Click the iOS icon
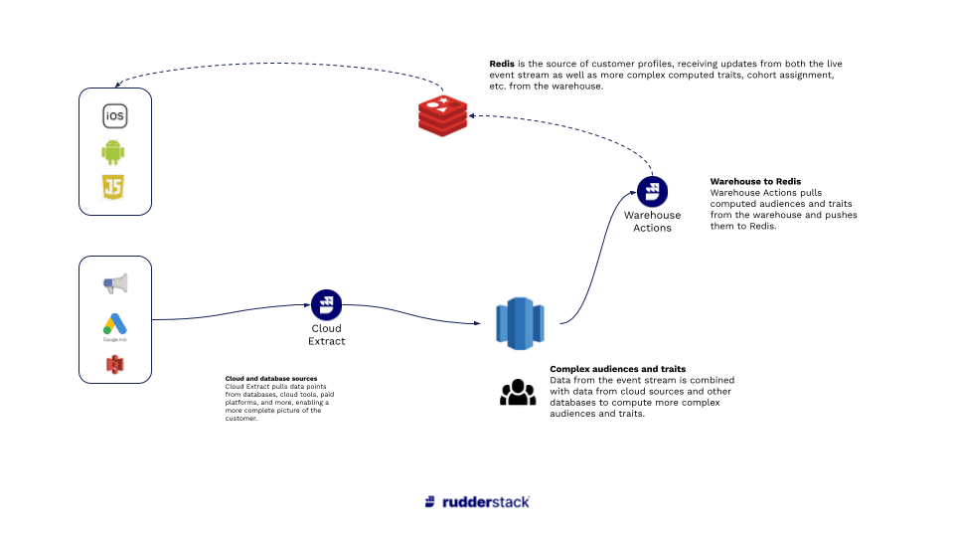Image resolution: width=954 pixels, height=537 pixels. click(115, 116)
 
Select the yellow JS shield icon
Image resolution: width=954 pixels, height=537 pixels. click(114, 188)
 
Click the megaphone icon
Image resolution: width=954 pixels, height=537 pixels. click(115, 284)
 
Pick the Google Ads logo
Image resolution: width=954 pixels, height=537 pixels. click(115, 324)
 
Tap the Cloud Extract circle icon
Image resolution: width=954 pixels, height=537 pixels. click(326, 305)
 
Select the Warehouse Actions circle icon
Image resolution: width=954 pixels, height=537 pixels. click(652, 191)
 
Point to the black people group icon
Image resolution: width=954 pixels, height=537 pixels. click(517, 393)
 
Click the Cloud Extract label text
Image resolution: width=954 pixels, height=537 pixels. click(326, 335)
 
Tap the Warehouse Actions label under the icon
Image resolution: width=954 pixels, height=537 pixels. click(652, 221)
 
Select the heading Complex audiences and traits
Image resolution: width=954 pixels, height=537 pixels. click(617, 369)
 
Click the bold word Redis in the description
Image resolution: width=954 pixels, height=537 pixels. click(502, 64)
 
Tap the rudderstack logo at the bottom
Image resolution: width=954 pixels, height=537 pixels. click(477, 501)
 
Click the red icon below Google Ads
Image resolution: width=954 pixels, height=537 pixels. click(115, 365)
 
